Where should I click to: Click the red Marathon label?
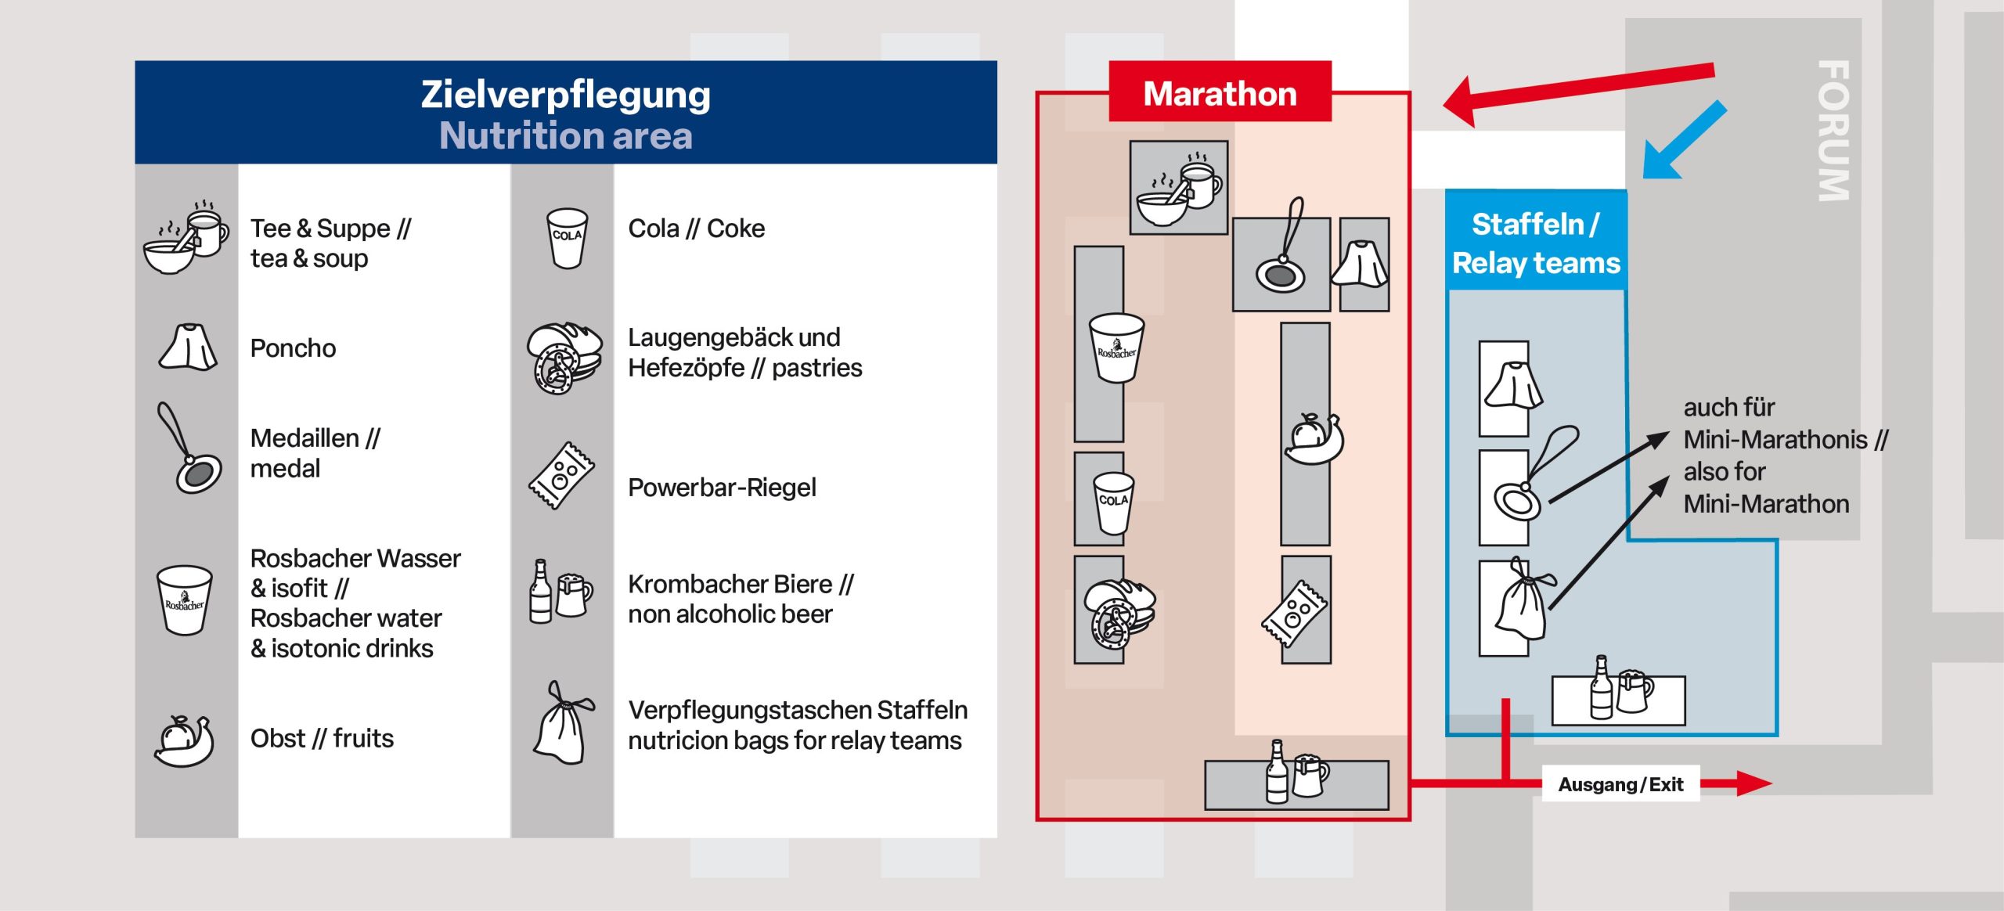[1219, 93]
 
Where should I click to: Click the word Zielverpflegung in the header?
[565, 94]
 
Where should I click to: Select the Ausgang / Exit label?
[1620, 783]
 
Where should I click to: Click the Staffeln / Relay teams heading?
[1535, 243]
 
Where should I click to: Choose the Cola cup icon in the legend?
[566, 237]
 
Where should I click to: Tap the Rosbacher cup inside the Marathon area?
[1116, 347]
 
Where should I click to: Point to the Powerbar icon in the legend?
[560, 476]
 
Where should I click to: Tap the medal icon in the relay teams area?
[1530, 477]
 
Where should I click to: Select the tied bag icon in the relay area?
[1523, 599]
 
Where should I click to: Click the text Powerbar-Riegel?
[721, 488]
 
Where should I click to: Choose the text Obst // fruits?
[322, 738]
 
